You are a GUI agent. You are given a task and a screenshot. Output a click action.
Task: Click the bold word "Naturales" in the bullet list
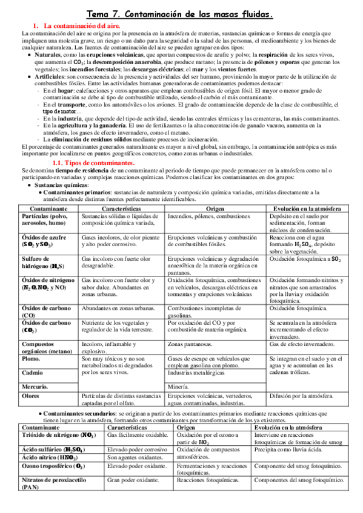(x=48, y=54)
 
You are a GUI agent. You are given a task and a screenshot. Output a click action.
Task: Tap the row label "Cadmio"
(x=33, y=372)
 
